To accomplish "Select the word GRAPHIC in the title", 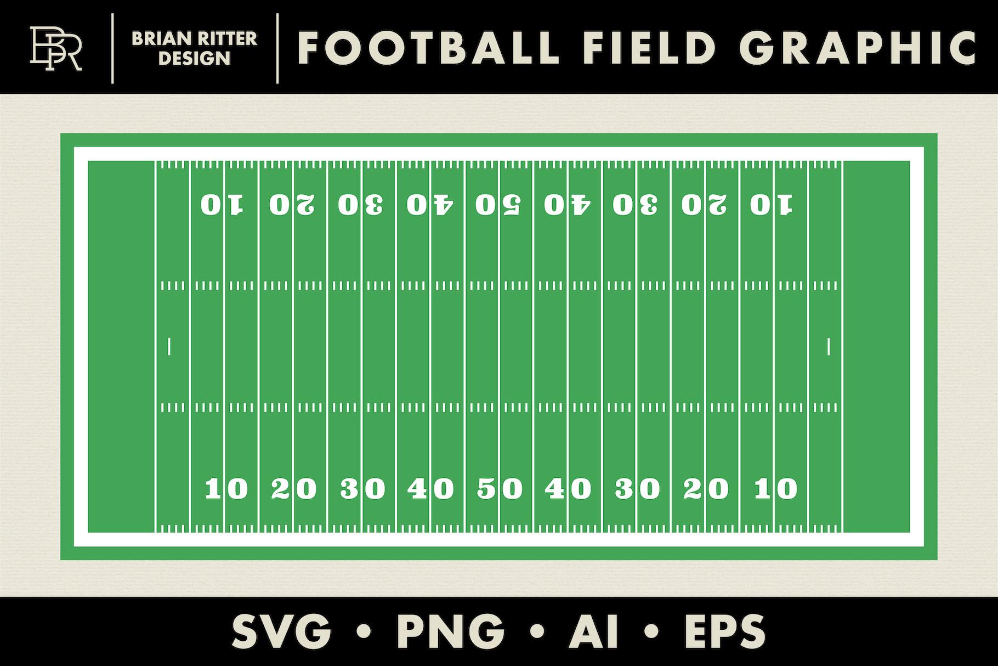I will (861, 48).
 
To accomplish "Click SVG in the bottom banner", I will (281, 631).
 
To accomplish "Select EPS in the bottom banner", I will (724, 631).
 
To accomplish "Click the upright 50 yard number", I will (500, 488).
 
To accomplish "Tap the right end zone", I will (876, 347).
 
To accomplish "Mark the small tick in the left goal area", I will (169, 347).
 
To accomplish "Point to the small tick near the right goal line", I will (828, 347).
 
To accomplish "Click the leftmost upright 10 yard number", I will (226, 488).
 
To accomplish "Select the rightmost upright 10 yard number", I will (775, 488).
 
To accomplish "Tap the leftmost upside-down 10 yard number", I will (222, 205).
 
